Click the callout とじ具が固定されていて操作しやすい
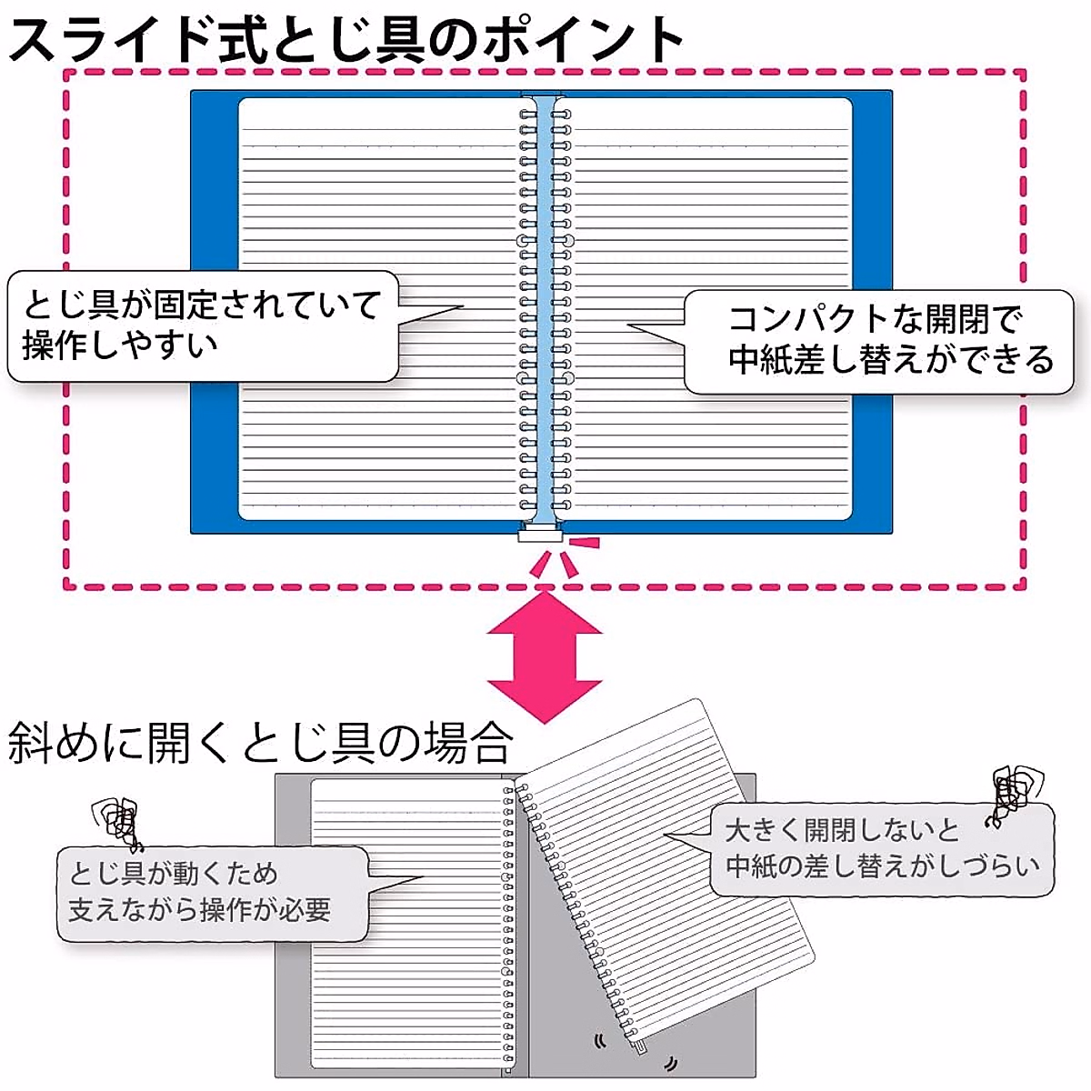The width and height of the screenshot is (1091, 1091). [202, 325]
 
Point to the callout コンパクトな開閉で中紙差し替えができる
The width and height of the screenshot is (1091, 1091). [880, 342]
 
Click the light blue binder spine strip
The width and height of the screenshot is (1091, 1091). [544, 309]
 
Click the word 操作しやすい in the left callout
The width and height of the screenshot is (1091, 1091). [119, 345]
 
